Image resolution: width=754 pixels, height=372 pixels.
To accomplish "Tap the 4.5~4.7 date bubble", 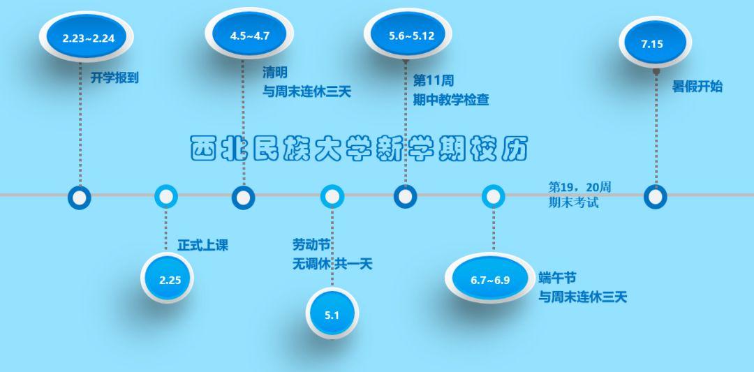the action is pos(249,36).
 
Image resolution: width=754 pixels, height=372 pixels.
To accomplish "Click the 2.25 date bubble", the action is pos(170,280).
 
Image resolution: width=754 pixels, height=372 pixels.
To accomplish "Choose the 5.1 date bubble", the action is pos(332,315).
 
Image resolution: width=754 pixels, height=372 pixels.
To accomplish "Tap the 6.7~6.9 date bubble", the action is pos(490,280).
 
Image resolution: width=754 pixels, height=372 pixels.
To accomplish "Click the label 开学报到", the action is pos(114,77).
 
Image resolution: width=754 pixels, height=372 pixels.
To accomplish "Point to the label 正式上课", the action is pos(202,245).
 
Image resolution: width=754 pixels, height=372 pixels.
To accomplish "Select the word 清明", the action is pos(275,72).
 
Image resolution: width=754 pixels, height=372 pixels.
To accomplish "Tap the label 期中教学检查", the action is pos(451,99).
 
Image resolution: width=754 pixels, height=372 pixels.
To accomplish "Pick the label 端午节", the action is pos(557,277).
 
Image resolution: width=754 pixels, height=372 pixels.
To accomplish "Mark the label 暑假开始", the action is pos(697,87).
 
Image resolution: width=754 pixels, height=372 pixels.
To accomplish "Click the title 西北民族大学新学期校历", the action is pos(359,148).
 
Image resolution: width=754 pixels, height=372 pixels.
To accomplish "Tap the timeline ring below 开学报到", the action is pos(80,197).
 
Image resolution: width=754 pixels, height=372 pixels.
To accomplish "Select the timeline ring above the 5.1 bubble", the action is pos(332,197).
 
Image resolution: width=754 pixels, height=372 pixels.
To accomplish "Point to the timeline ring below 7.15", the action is pos(655,197).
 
